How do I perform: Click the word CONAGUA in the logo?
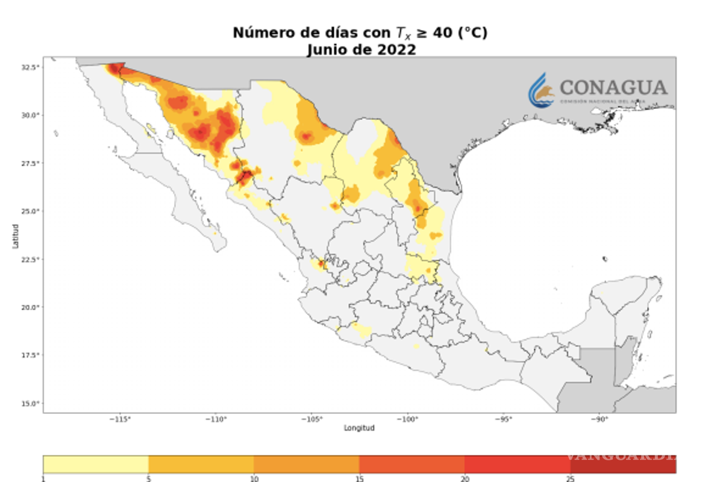613,88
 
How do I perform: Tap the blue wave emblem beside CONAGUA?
541,91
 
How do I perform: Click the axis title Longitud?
359,428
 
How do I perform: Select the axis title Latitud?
16,236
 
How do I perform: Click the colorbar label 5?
148,479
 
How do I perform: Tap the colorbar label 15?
359,479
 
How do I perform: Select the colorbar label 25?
570,479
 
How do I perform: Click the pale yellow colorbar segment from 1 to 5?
96,464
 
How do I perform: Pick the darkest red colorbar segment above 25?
622,464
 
